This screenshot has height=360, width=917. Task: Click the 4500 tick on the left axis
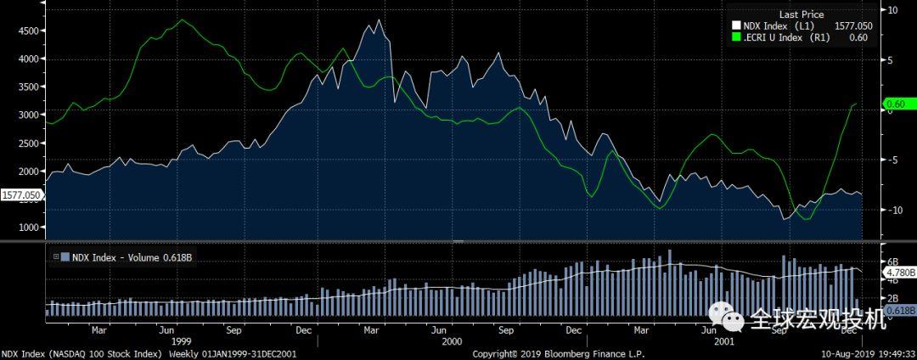(28, 31)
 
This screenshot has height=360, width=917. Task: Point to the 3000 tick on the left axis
(28, 115)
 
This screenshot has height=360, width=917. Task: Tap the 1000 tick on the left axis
(28, 228)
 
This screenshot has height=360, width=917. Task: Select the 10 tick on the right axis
(892, 10)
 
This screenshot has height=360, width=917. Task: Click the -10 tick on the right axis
(893, 210)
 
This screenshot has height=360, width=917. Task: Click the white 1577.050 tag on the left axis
(21, 194)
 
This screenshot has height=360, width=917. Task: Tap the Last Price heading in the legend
(800, 14)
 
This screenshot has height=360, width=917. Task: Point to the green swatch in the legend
(736, 37)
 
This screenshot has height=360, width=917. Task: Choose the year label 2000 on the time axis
(452, 340)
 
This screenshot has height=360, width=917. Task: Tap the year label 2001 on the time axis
(723, 340)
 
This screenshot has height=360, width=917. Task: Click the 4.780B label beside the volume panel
(899, 273)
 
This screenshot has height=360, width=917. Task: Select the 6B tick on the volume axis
(892, 261)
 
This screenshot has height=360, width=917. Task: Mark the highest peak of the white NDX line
(378, 20)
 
